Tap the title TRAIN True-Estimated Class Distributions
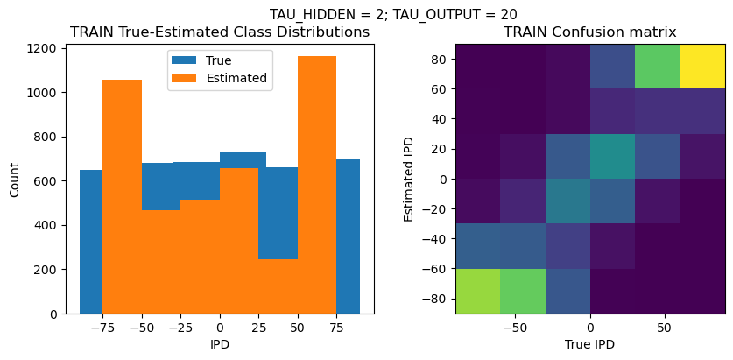pyautogui.click(x=220, y=32)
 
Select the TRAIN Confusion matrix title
pyautogui.click(x=589, y=32)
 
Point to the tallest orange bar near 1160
pyautogui.click(x=316, y=184)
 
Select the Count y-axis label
pyautogui.click(x=15, y=179)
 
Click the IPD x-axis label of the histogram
pyautogui.click(x=220, y=344)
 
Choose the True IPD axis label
pyautogui.click(x=589, y=344)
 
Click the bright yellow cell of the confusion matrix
pyautogui.click(x=702, y=66)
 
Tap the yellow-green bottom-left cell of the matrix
pyautogui.click(x=477, y=291)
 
